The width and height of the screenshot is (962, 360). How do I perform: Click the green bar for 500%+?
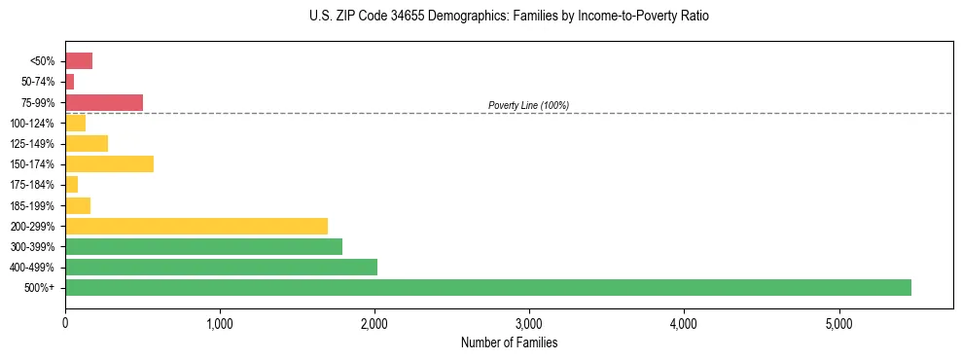(x=487, y=287)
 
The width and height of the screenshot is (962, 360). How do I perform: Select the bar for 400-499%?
(x=221, y=267)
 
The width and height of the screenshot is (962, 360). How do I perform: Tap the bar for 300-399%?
(x=203, y=246)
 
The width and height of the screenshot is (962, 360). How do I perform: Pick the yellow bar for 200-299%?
(x=196, y=226)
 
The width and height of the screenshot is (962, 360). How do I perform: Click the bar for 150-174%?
(x=109, y=163)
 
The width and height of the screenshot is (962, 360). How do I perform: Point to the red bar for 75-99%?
(x=104, y=102)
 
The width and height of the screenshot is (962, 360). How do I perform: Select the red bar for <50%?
(x=79, y=61)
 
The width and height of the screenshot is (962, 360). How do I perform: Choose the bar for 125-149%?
(x=87, y=143)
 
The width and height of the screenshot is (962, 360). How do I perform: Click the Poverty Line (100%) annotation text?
(x=528, y=105)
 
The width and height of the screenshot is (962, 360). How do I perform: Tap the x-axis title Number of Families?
(x=509, y=342)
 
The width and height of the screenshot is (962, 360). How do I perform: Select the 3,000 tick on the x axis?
(x=529, y=323)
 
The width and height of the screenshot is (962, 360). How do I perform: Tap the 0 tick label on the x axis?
(x=65, y=323)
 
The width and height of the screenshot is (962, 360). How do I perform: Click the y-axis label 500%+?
(x=41, y=288)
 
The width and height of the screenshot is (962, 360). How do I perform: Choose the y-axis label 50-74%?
(x=38, y=82)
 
